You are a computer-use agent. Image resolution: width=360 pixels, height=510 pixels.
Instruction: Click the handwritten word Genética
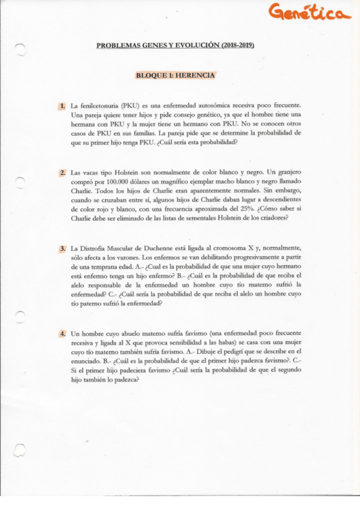(309, 13)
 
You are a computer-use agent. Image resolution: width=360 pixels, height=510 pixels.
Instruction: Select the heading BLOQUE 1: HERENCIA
(175, 76)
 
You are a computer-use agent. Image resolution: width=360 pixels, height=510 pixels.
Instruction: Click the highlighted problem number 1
(62, 106)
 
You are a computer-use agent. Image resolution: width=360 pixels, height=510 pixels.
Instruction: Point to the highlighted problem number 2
(62, 173)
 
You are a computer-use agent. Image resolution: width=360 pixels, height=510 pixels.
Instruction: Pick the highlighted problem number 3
(62, 248)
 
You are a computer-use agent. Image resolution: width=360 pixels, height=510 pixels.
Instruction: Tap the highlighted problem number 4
(62, 333)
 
